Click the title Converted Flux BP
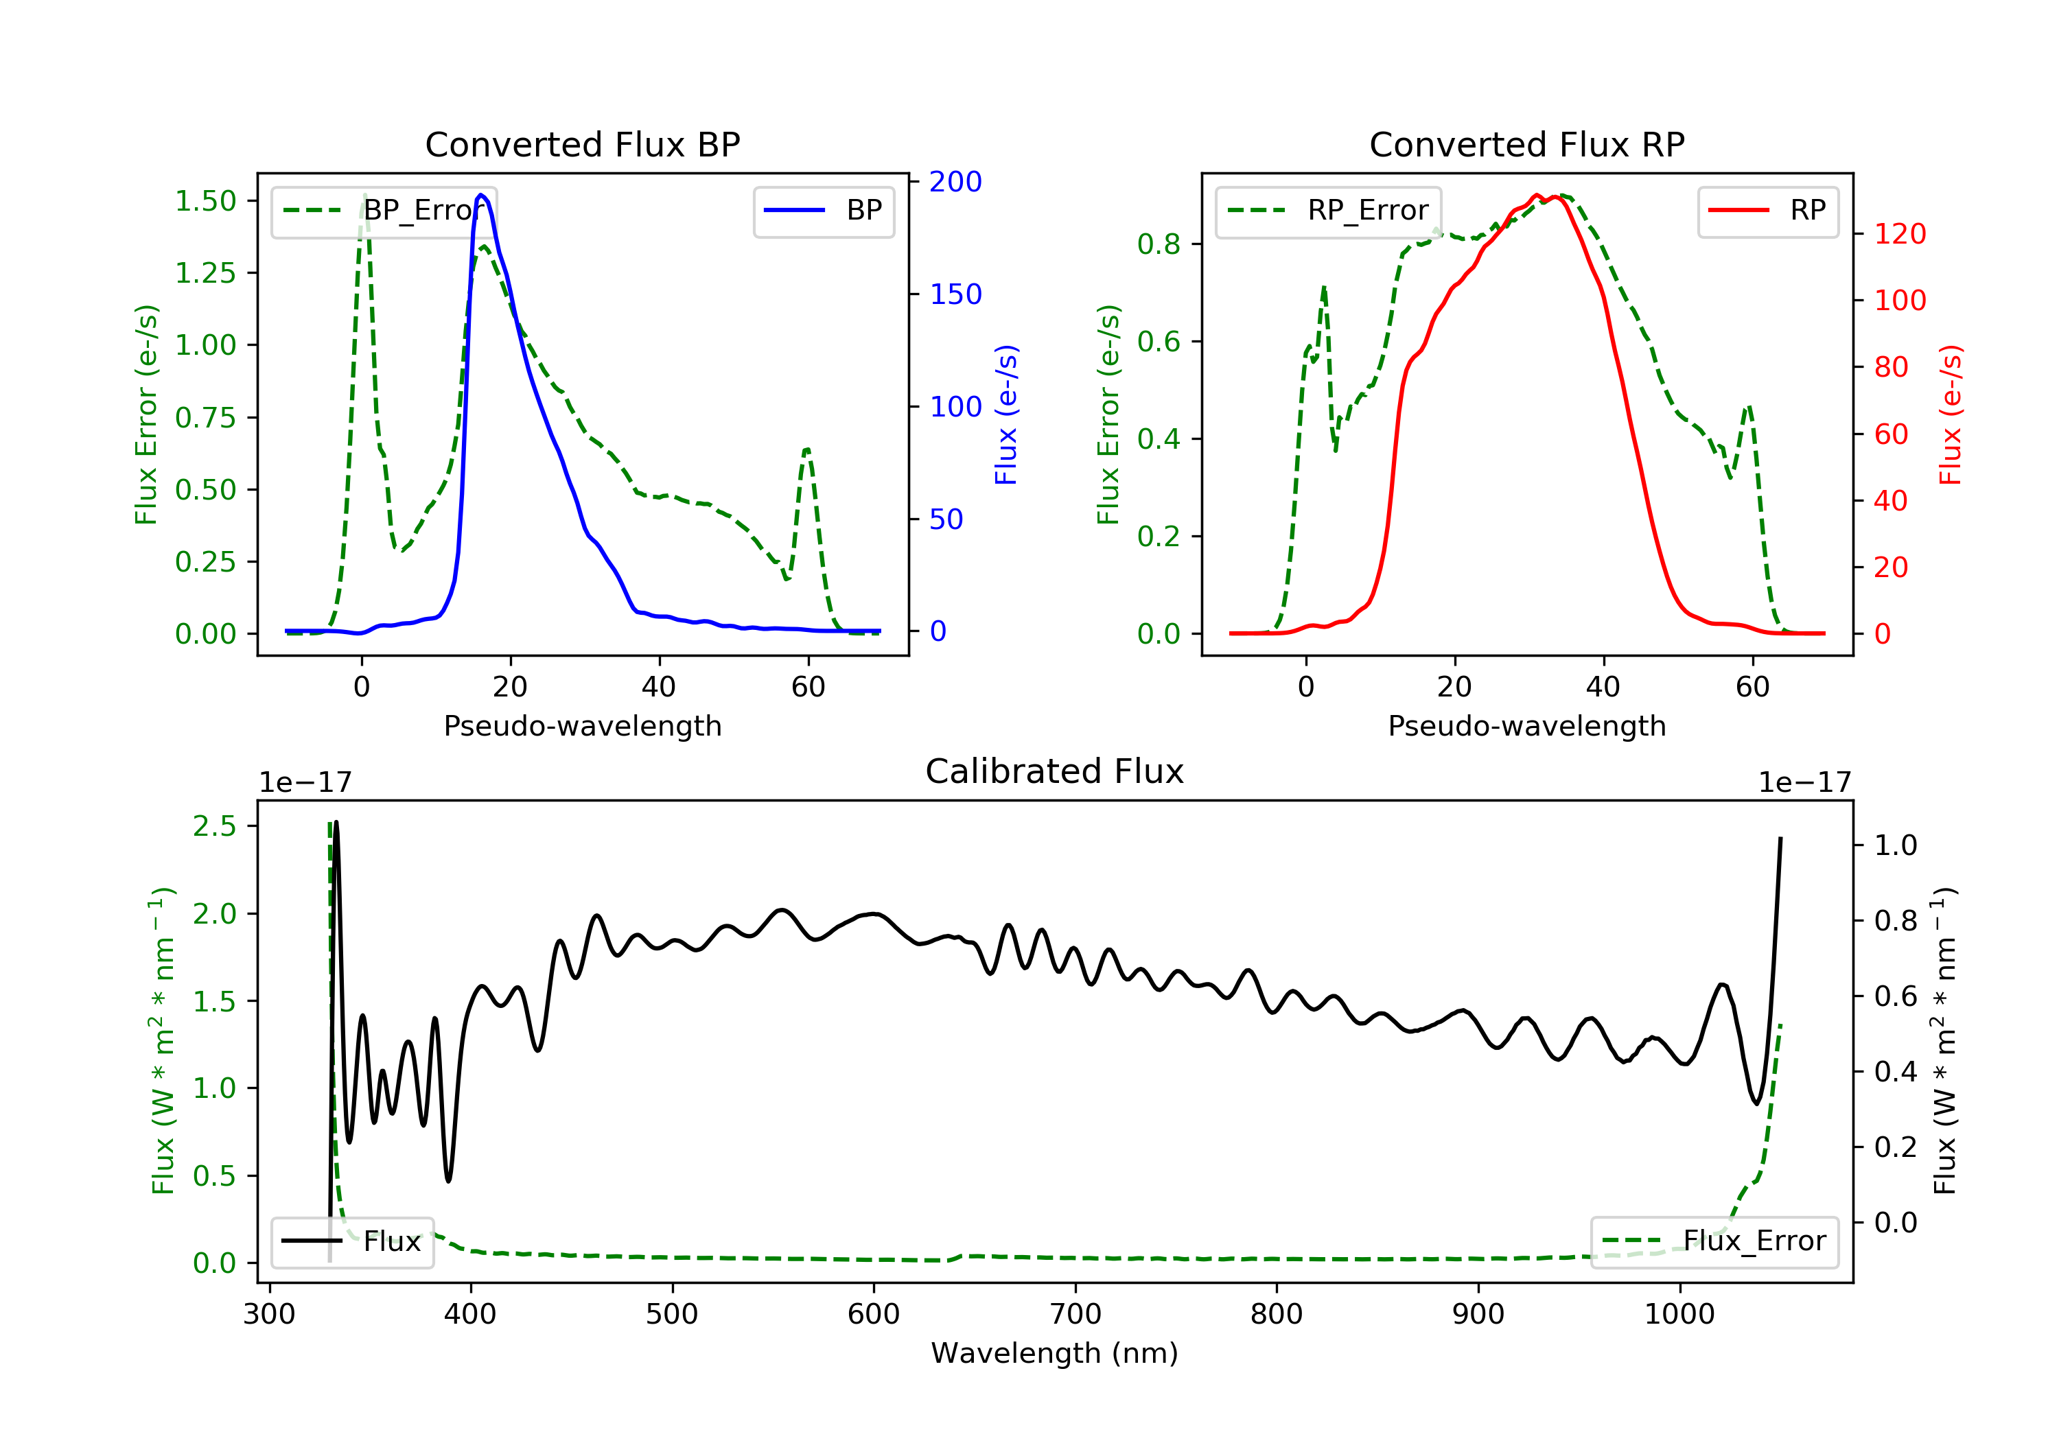(x=582, y=144)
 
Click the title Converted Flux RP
(x=1526, y=144)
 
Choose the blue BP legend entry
(x=823, y=211)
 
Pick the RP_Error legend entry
(x=1328, y=211)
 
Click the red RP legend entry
(x=1767, y=211)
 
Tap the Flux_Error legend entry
(x=1714, y=1241)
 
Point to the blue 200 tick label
(x=955, y=182)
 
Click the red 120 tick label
(x=1899, y=234)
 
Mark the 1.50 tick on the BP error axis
(x=205, y=201)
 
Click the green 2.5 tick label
(x=214, y=826)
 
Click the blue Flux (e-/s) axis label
(x=1006, y=414)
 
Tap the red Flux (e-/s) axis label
(x=1951, y=414)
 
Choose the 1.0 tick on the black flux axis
(x=1895, y=845)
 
